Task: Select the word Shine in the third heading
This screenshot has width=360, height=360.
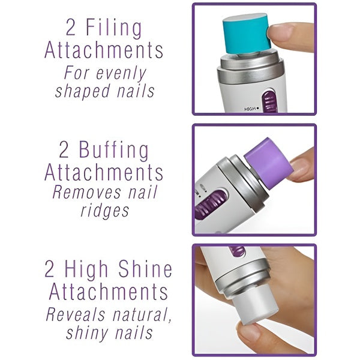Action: (x=145, y=269)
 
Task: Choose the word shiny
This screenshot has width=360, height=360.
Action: (x=82, y=332)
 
